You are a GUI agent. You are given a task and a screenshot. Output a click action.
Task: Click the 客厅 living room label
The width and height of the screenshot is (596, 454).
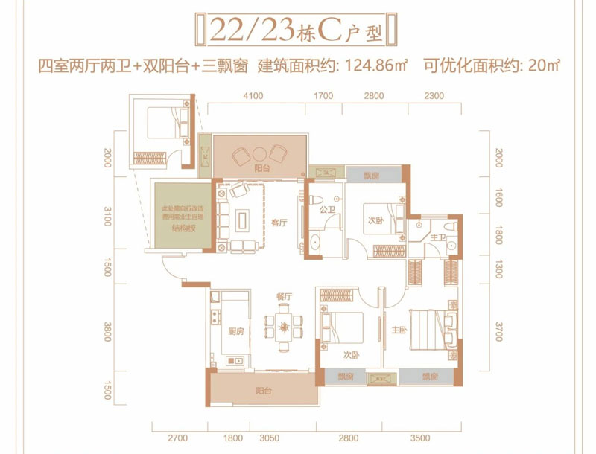click(279, 221)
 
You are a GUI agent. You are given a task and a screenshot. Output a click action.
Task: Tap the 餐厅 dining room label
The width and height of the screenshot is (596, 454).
click(284, 296)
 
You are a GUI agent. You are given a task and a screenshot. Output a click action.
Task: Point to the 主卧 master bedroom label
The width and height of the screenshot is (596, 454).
click(398, 329)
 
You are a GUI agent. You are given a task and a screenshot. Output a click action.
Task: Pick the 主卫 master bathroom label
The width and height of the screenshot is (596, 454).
click(440, 237)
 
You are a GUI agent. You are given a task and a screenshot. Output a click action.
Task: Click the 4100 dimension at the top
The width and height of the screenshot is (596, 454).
click(253, 96)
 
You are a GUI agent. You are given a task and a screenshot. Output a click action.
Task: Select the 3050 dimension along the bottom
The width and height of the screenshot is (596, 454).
click(270, 438)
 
